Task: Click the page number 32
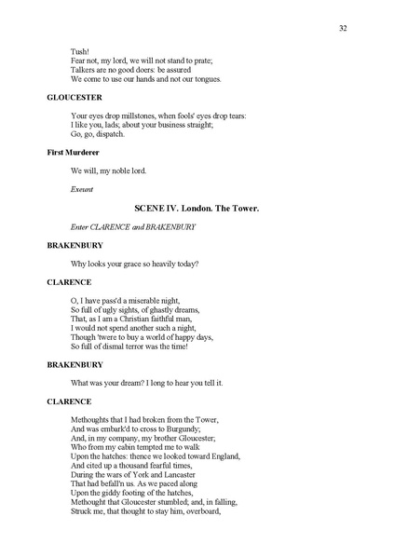[344, 28]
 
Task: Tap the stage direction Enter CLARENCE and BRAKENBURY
[121, 227]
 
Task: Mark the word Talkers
[84, 70]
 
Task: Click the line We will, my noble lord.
[108, 170]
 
